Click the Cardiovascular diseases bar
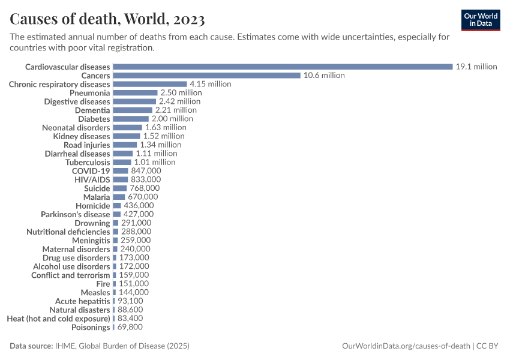tap(283, 67)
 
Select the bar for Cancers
tap(206, 76)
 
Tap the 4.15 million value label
tap(210, 84)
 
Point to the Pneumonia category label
tap(89, 93)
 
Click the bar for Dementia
tap(133, 110)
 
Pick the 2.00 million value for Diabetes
tap(172, 119)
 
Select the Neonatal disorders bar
tap(127, 127)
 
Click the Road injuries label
tap(86, 145)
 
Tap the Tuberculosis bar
tap(122, 162)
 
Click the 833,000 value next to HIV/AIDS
tap(146, 179)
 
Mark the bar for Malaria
tap(119, 197)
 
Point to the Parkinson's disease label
tap(75, 214)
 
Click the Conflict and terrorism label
tap(70, 275)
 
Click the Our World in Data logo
tap(481, 20)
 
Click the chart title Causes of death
tap(107, 19)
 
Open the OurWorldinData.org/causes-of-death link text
tap(406, 346)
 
